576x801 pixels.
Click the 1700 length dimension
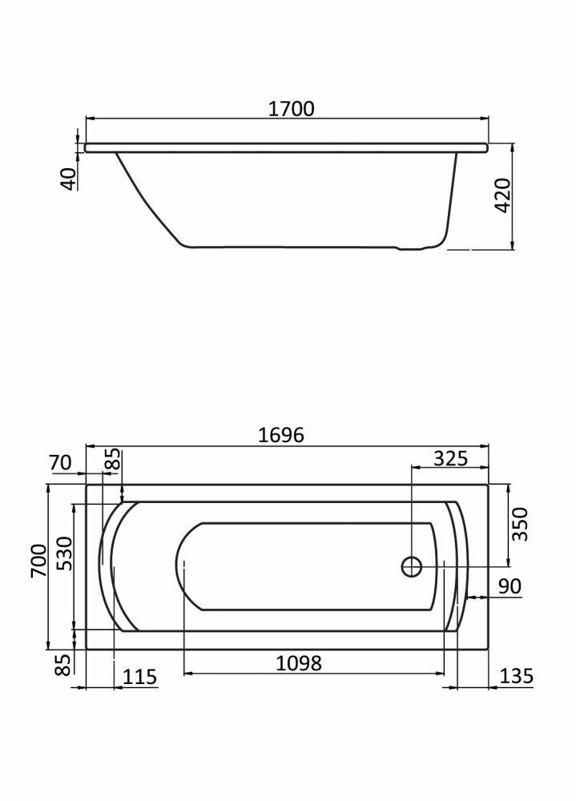point(292,109)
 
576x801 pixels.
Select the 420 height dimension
point(503,195)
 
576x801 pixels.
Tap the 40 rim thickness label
point(69,179)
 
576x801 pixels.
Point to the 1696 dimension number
point(281,435)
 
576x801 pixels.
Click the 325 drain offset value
point(450,458)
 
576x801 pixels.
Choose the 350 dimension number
point(520,524)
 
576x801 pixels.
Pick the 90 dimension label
point(510,586)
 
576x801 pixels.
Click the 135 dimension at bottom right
point(516,676)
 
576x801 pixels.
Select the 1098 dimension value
point(299,663)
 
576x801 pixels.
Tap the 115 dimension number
point(139,677)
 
